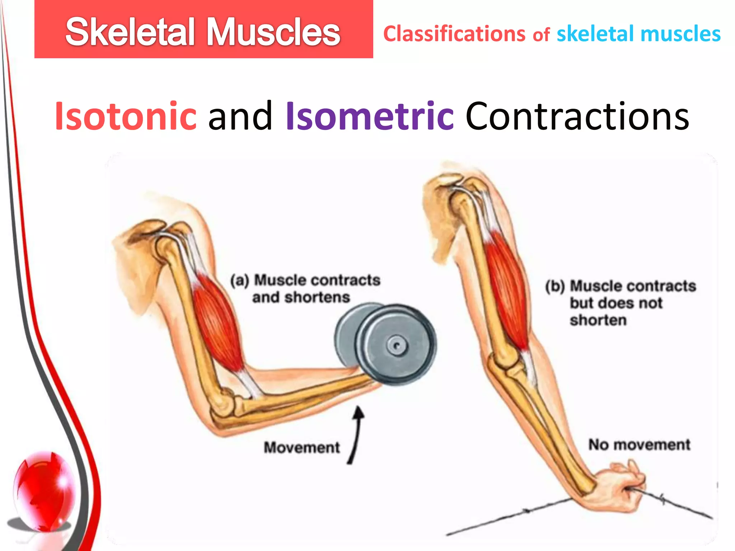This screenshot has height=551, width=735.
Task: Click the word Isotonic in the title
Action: click(x=126, y=117)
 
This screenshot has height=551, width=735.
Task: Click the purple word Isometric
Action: click(x=370, y=117)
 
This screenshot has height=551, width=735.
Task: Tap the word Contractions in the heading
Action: click(x=577, y=117)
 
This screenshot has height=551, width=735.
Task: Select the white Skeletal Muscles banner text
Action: click(x=203, y=32)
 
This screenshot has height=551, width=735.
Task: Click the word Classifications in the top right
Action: click(x=454, y=34)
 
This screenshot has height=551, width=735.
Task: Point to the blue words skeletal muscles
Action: click(x=638, y=34)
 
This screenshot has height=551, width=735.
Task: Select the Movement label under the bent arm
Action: click(x=301, y=448)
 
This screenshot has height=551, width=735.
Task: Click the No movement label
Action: click(x=639, y=445)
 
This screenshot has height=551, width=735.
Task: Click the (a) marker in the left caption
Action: click(x=239, y=281)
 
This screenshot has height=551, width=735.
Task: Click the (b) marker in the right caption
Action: click(x=555, y=287)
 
